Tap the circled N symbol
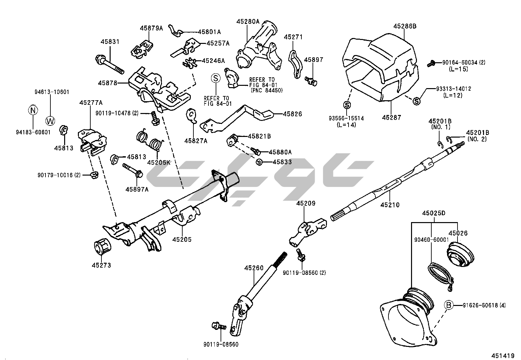click(32, 110)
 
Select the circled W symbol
click(50, 121)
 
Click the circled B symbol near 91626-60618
click(449, 305)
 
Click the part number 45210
click(390, 205)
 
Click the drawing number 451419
click(502, 355)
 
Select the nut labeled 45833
click(259, 161)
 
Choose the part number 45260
click(253, 268)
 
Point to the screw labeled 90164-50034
click(432, 64)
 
